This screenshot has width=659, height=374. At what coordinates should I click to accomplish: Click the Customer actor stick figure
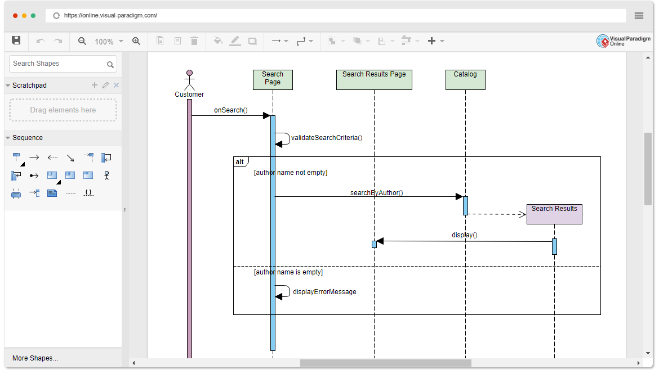[190, 80]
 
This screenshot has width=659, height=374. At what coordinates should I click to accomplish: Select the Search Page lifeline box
[273, 80]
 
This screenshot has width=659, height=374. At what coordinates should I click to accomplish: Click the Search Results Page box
[374, 80]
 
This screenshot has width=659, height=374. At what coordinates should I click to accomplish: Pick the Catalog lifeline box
[465, 80]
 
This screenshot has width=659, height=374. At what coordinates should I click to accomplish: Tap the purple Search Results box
[554, 214]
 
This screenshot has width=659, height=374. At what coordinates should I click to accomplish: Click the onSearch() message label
[231, 110]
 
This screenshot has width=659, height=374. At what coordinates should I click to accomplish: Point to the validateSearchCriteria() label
[327, 138]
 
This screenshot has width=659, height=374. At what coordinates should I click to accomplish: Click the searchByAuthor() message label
[377, 193]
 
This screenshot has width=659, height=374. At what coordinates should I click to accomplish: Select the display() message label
[465, 235]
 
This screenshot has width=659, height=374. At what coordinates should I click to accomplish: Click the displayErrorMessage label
[324, 292]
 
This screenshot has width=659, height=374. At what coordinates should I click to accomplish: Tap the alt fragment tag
[241, 161]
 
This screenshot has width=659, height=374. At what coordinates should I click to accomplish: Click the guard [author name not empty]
[291, 173]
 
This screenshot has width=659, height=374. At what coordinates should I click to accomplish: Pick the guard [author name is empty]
[288, 272]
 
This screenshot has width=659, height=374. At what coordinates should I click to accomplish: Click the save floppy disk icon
[16, 40]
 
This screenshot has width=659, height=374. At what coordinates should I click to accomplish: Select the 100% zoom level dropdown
[109, 41]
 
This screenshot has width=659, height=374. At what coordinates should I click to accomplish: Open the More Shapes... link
[35, 358]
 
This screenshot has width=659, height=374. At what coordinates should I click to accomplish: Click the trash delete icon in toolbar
[194, 40]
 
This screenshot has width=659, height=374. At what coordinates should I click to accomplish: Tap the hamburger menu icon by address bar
[639, 16]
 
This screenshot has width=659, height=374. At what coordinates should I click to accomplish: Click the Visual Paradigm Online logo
[624, 40]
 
